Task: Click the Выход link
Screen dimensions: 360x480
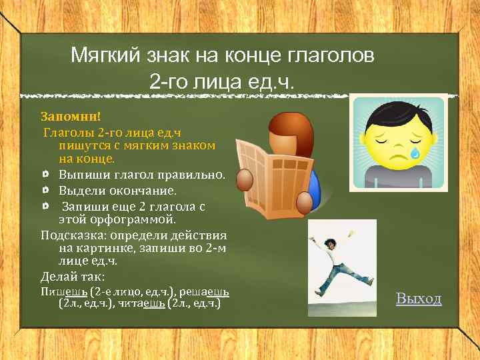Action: click(419, 298)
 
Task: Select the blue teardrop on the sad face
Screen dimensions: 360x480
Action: click(415, 153)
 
